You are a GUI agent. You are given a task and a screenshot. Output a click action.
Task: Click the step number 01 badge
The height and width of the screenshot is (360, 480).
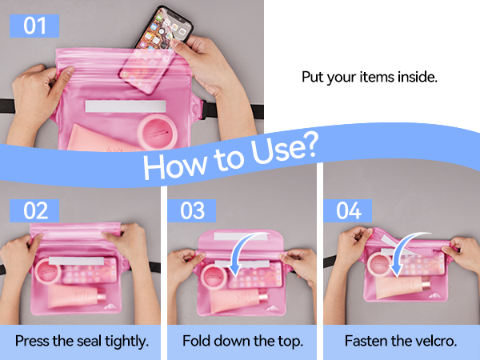(x=34, y=26)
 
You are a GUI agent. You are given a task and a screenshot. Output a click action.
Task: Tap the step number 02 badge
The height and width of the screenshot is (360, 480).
(x=34, y=211)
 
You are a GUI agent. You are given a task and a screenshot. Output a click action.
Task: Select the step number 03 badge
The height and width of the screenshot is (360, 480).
(x=192, y=211)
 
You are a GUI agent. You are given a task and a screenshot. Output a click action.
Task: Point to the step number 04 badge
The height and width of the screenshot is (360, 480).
(x=348, y=211)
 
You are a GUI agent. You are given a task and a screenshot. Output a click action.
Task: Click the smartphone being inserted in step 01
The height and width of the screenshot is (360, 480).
(x=156, y=49)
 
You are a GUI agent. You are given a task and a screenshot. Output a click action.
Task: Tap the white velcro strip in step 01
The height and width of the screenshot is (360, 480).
(x=126, y=106)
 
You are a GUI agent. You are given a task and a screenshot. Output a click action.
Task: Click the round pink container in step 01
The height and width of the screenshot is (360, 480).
(x=158, y=132)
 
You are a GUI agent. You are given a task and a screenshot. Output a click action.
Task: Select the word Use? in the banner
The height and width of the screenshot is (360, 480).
(x=283, y=149)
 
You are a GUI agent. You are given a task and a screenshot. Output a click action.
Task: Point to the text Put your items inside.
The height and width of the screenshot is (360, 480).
(x=370, y=77)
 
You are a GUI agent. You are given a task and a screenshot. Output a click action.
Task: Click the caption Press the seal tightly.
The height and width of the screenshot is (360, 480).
(x=82, y=341)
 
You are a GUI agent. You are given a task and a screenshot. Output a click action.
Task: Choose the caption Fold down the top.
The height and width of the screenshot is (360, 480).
(x=242, y=341)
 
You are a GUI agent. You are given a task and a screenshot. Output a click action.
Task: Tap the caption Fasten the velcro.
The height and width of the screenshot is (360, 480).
(x=401, y=341)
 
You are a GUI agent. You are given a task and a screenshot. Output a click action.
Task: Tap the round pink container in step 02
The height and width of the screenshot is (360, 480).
(x=48, y=271)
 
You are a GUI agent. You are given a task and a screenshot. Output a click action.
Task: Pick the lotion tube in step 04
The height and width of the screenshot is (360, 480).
(x=402, y=286)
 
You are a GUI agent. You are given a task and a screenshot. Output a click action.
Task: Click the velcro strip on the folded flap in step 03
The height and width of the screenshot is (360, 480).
(x=241, y=236)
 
